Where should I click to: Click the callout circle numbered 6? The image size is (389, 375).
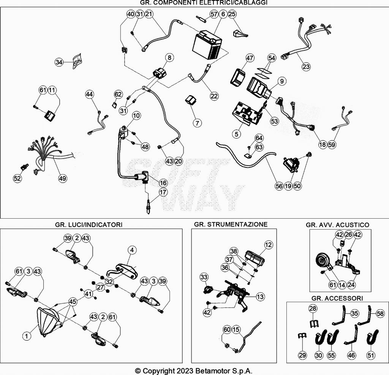[x=223, y=14]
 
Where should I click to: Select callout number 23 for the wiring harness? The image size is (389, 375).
[x=306, y=67]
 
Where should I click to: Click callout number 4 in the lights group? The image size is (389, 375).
[x=132, y=250]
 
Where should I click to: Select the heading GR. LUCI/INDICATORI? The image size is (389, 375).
[x=89, y=225]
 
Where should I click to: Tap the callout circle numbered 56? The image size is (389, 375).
[x=279, y=186]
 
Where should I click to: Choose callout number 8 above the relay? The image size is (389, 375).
[x=169, y=58]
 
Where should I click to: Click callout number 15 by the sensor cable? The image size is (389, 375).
[x=236, y=330]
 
